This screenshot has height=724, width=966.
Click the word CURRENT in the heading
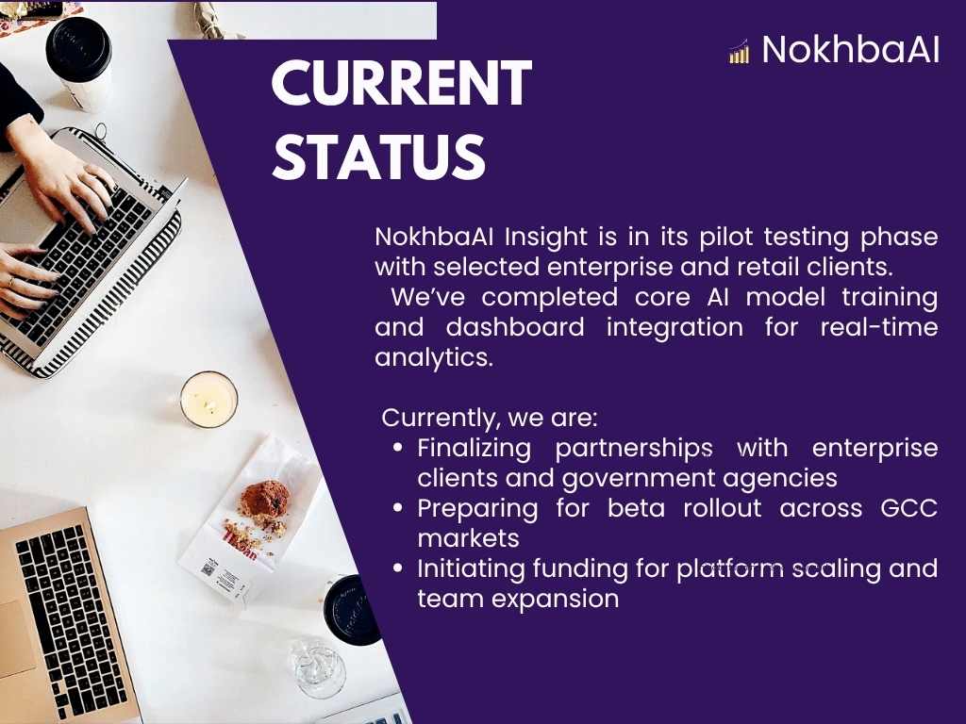point(402,84)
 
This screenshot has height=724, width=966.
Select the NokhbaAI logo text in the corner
point(851,49)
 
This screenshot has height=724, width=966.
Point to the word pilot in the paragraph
point(724,237)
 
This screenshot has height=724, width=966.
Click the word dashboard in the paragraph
point(515,327)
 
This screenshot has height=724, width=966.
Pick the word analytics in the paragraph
point(434,357)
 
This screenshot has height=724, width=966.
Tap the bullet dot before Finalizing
point(398,448)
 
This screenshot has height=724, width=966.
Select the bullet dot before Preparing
point(398,508)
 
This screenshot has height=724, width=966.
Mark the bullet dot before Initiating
point(398,568)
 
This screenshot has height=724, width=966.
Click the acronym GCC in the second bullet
point(909,508)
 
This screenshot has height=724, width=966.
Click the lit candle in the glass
point(208,400)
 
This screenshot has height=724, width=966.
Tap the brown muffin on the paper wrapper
point(265,500)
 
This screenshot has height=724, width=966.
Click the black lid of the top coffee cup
point(78,48)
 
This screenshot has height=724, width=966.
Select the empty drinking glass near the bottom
point(318,667)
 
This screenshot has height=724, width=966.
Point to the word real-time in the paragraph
point(879,327)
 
